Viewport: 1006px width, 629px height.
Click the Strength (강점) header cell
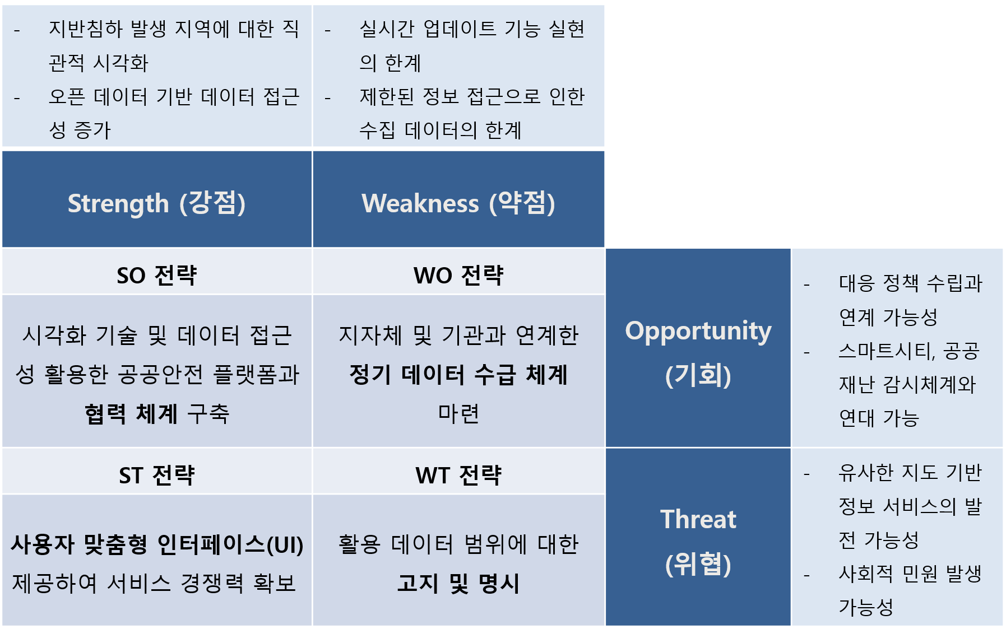pyautogui.click(x=157, y=199)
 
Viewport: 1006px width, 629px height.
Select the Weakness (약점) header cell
pyautogui.click(x=458, y=199)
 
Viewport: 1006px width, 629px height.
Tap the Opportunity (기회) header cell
pyautogui.click(x=698, y=348)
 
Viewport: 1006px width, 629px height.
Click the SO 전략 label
pyautogui.click(x=157, y=275)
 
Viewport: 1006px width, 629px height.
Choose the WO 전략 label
pyautogui.click(x=458, y=275)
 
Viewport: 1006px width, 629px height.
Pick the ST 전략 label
pyautogui.click(x=157, y=475)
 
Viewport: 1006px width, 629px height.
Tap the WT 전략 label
pyautogui.click(x=458, y=475)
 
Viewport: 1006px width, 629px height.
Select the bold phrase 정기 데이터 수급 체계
pyautogui.click(x=458, y=374)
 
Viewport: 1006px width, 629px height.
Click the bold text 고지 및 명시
pyautogui.click(x=458, y=583)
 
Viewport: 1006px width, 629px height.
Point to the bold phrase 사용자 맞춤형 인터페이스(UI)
pyautogui.click(x=157, y=544)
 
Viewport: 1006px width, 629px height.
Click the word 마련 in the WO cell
pyautogui.click(x=458, y=414)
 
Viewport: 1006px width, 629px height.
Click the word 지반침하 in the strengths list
pyautogui.click(x=85, y=29)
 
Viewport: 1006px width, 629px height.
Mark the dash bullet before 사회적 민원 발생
pyautogui.click(x=806, y=575)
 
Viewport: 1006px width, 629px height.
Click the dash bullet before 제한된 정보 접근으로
pyautogui.click(x=327, y=99)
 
